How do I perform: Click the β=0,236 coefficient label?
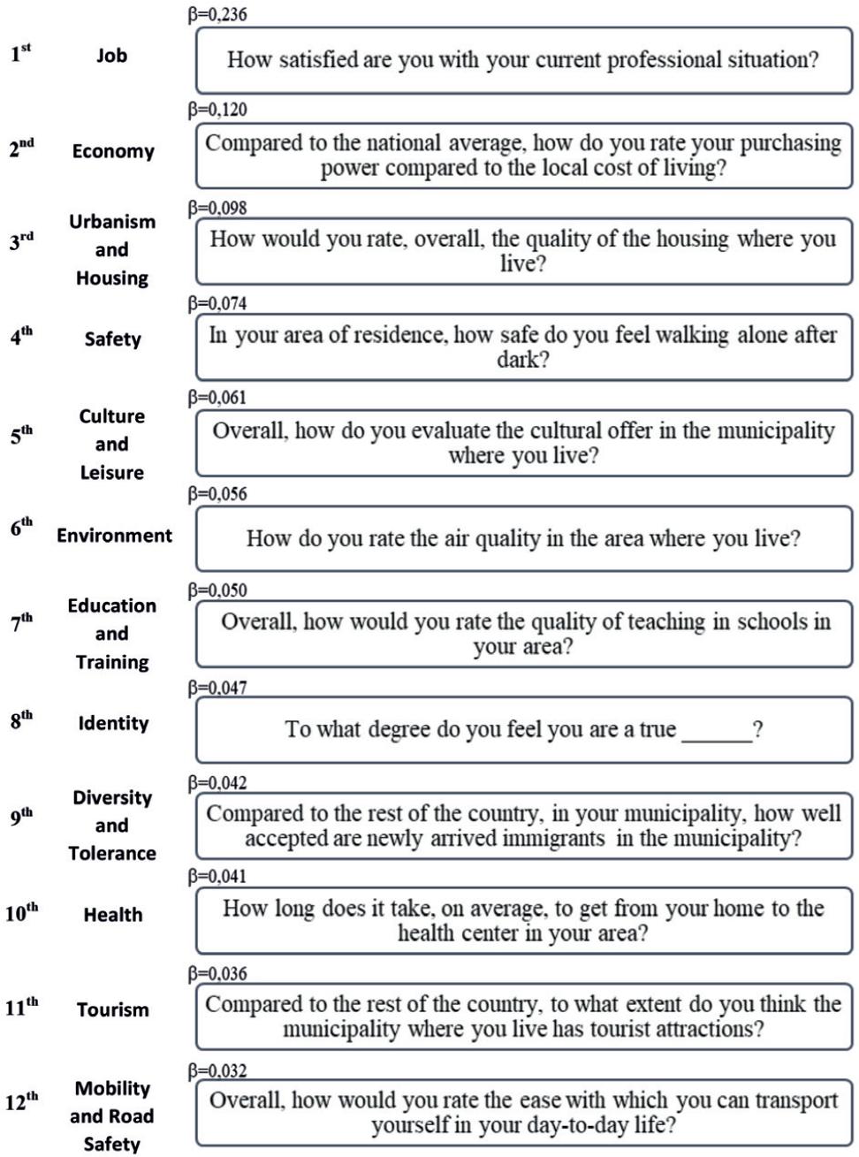coord(217,15)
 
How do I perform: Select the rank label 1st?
coord(20,54)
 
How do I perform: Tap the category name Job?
coord(111,56)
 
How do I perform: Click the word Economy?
coord(113,151)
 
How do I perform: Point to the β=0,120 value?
coord(217,110)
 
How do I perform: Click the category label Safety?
coord(112,339)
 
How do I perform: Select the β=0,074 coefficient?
coord(217,304)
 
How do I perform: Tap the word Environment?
coord(114,536)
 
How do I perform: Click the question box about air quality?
coord(523,538)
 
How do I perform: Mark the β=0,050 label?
coord(217,590)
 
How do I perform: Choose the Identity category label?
coord(113,723)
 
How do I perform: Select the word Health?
coord(113,915)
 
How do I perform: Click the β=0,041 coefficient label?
coord(217,877)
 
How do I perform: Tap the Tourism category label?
coord(113,1009)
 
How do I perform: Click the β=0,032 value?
coord(217,1071)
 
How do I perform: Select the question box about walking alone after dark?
coord(523,347)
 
